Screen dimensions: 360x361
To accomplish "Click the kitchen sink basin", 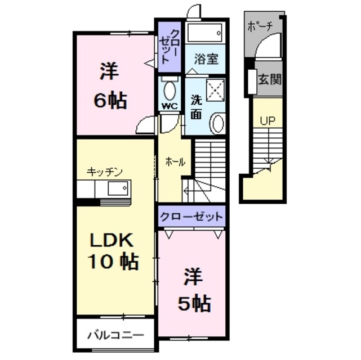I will (x=118, y=188).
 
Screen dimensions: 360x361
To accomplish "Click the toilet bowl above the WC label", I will (x=169, y=89).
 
